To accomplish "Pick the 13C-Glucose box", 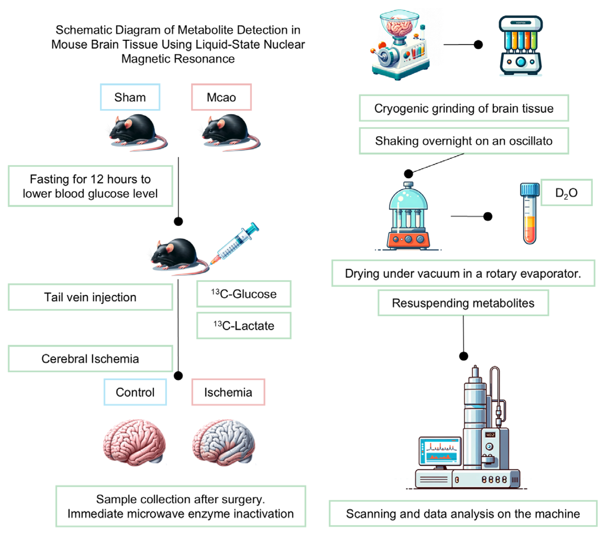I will (x=244, y=294).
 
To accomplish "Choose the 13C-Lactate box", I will (x=244, y=326).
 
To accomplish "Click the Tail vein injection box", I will (x=90, y=297).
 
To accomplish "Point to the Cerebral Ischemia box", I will (x=90, y=359).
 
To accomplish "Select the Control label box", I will (x=135, y=392).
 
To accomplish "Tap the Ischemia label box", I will (x=228, y=392).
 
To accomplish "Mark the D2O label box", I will (x=566, y=193).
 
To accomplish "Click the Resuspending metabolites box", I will (x=463, y=303).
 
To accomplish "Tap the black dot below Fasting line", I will (x=178, y=221).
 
